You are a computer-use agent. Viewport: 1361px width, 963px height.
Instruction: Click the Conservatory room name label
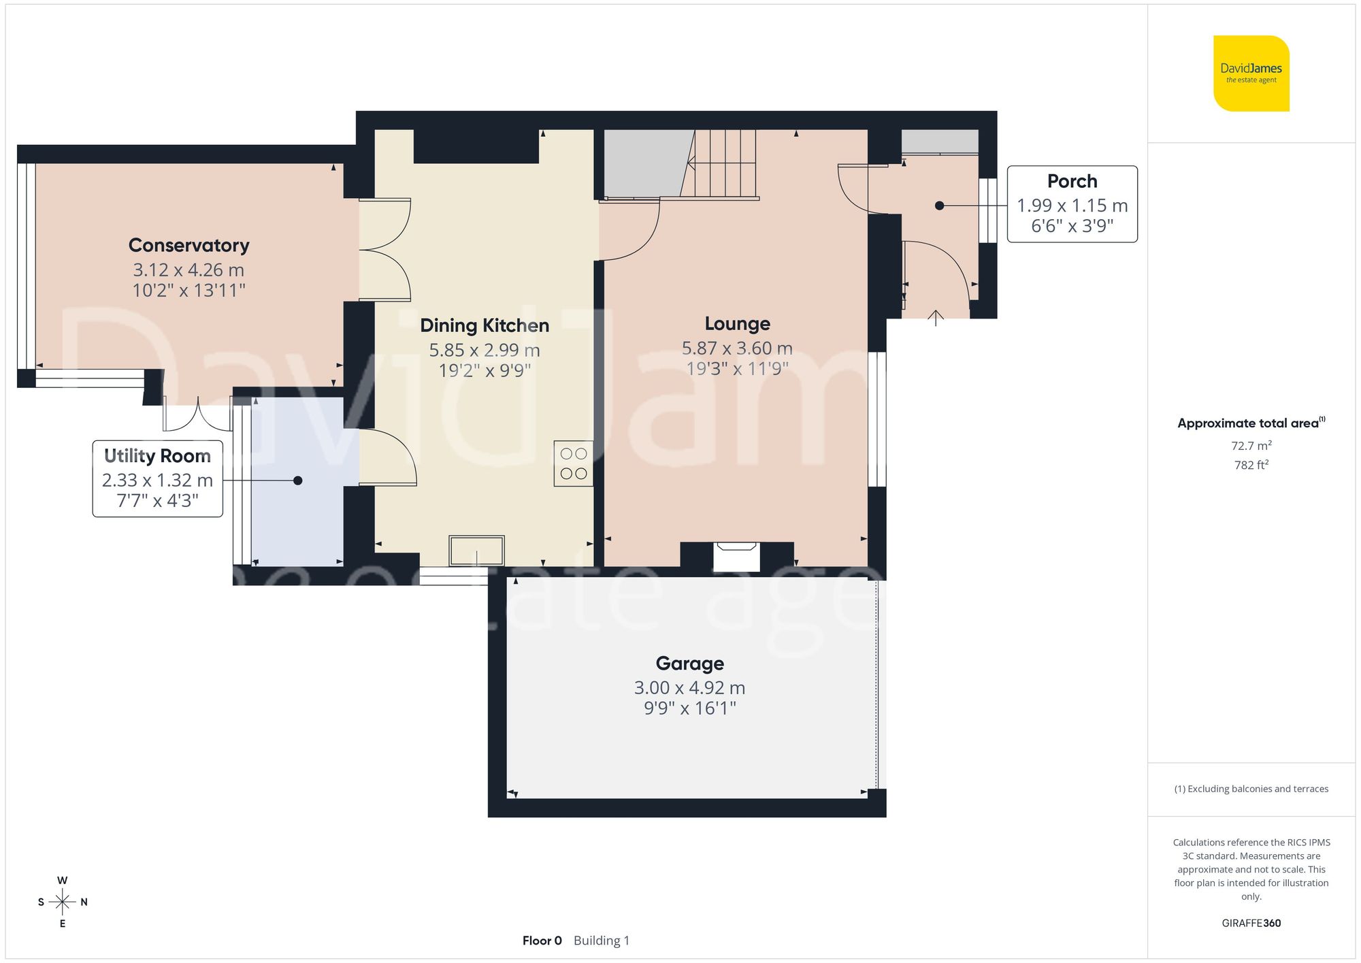click(188, 245)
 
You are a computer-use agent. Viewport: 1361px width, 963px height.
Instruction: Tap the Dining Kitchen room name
click(484, 325)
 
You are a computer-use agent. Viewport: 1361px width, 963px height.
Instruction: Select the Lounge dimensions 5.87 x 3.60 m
click(737, 348)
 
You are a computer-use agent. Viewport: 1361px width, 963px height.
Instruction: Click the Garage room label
click(689, 663)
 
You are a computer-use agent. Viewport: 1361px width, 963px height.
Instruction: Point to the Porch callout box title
click(1072, 181)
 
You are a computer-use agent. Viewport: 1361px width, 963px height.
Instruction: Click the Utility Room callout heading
click(157, 455)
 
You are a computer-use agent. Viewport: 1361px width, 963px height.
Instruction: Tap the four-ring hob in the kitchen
click(573, 463)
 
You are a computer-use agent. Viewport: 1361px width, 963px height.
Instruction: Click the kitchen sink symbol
click(476, 551)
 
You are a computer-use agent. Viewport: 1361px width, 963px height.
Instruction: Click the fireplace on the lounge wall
click(736, 555)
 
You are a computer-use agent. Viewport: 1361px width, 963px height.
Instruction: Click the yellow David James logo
click(1251, 74)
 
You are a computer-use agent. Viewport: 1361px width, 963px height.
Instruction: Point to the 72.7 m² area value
click(1251, 446)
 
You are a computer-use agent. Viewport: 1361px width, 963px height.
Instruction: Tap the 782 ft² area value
click(1251, 465)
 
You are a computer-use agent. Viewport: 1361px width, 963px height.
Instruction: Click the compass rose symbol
click(63, 902)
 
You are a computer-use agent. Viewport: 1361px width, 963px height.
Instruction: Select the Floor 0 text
click(542, 941)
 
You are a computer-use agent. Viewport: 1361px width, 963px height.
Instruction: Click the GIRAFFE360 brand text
click(1251, 923)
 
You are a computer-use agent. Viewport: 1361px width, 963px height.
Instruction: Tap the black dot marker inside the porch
click(939, 206)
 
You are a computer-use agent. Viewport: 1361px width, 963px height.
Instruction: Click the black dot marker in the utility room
click(297, 480)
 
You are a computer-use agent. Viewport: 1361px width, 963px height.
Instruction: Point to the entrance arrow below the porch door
click(936, 318)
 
